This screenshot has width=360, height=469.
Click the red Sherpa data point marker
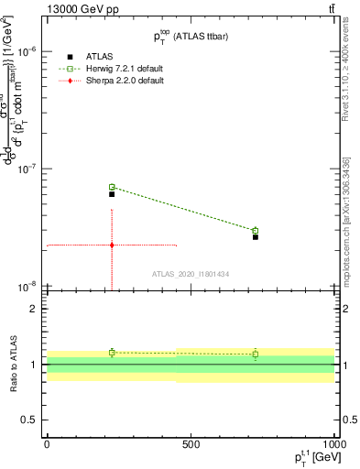[112, 245]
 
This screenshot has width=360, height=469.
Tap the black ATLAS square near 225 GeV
[112, 194]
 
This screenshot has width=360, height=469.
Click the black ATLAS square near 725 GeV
[256, 237]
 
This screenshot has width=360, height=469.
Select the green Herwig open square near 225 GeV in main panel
[112, 187]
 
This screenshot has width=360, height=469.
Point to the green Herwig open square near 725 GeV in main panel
[256, 231]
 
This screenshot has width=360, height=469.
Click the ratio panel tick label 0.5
[27, 420]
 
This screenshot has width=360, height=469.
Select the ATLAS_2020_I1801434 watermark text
[191, 274]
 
